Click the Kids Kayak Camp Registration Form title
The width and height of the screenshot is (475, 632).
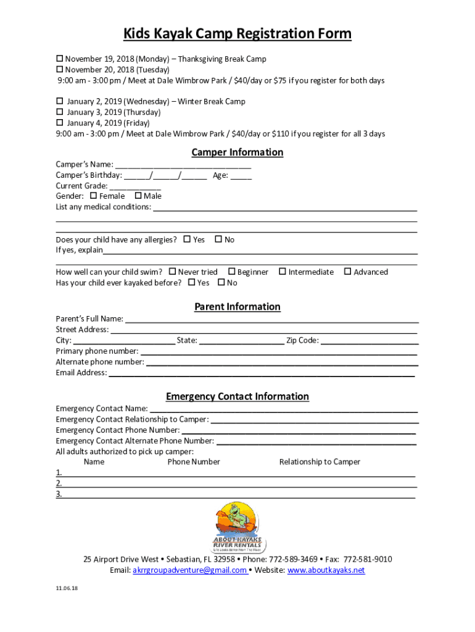point(238,33)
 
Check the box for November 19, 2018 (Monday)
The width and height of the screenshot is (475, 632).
point(60,59)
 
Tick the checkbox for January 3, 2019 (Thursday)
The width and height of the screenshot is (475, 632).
point(60,112)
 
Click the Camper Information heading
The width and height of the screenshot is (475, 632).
point(238,152)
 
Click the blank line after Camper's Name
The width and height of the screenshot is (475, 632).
point(183,165)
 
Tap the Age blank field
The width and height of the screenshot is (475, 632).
point(241,176)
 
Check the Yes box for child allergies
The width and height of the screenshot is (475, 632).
point(187,239)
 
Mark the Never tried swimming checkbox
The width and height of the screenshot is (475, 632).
point(173,272)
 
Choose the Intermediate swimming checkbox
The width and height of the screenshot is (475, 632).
point(283,272)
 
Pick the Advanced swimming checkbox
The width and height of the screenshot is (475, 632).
point(347,272)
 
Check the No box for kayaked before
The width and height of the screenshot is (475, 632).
point(221,283)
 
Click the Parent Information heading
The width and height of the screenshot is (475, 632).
point(238,307)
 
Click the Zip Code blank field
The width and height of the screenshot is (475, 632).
point(370,341)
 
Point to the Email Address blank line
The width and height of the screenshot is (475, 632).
point(262,373)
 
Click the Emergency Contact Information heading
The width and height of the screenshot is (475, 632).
point(238,397)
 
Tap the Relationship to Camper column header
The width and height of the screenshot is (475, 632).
point(320,462)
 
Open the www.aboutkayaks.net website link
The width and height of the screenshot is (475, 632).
point(326,570)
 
